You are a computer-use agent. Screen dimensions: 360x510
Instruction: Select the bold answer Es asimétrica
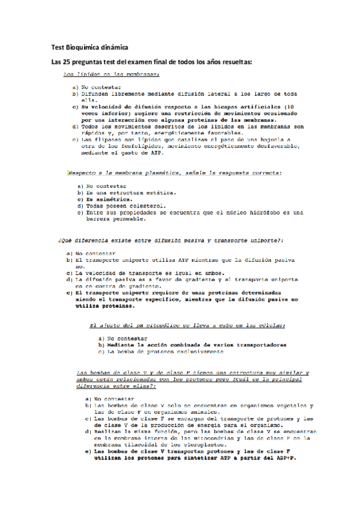tap(106, 199)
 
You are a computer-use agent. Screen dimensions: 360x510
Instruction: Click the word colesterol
tap(139, 206)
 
